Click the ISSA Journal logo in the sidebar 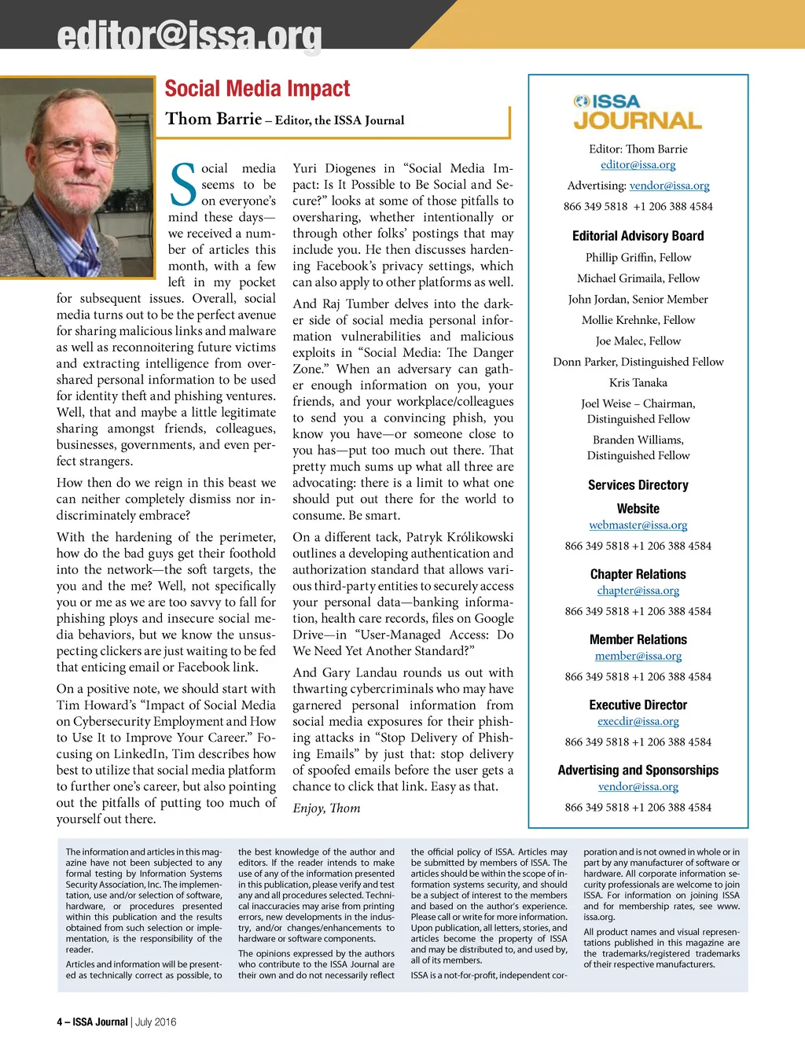pos(638,112)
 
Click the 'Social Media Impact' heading pos(257,89)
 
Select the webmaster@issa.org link pos(638,525)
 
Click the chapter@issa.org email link pos(638,591)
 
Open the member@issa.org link pos(638,656)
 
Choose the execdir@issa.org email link pos(638,721)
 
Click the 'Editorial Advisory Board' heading pos(638,236)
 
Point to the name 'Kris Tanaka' pos(638,383)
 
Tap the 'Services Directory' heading pos(638,485)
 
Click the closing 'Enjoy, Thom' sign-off pos(326,808)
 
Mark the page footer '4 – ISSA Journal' pos(92,1022)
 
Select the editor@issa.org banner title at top pos(189,36)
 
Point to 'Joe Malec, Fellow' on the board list pos(638,341)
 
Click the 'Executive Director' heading pos(638,705)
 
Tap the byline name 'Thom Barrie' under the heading pos(214,119)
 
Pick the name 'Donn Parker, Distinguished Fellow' pos(638,362)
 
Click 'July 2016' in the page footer pos(156,1022)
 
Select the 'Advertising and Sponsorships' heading pos(638,771)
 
